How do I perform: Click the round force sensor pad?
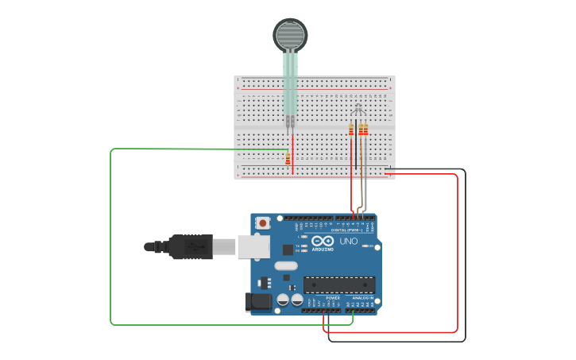tap(290, 35)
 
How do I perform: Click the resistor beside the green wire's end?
tap(288, 159)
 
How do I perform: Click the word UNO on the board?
tap(349, 241)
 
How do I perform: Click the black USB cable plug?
tap(186, 247)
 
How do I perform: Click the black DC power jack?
tap(260, 301)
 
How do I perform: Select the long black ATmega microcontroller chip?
tap(339, 285)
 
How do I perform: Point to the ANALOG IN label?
tap(362, 298)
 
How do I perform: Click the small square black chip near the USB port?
tap(288, 249)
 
